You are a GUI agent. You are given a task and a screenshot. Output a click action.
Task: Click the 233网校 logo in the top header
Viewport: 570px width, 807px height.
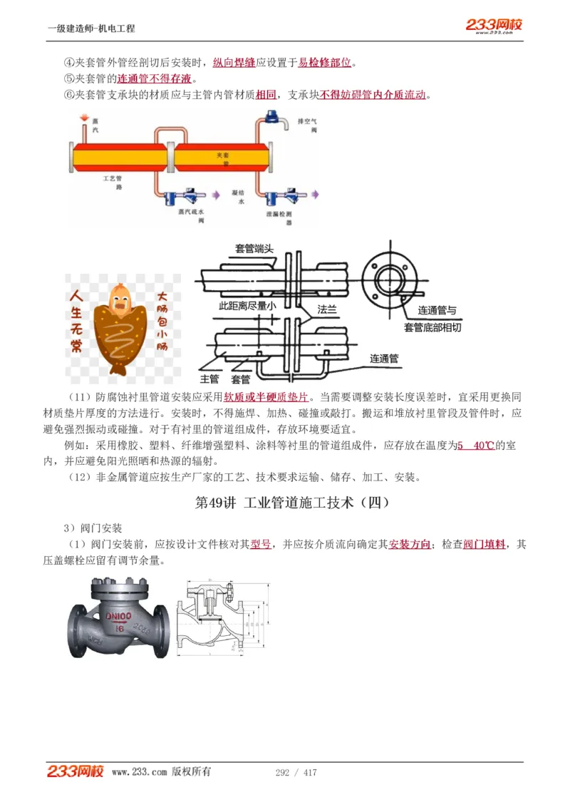click(x=494, y=26)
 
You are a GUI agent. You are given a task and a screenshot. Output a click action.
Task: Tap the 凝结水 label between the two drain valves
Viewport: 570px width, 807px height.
click(x=239, y=197)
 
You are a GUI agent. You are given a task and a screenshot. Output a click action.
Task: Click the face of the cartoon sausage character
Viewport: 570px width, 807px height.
click(x=120, y=297)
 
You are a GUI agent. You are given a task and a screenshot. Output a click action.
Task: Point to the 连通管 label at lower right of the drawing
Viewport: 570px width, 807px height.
click(x=384, y=358)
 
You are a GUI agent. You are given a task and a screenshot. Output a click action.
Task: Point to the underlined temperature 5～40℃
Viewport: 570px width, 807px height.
click(x=475, y=446)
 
